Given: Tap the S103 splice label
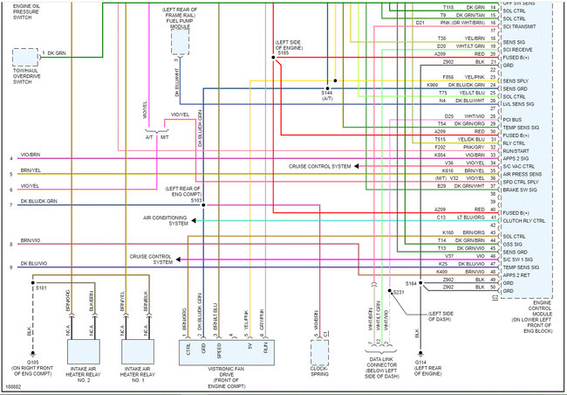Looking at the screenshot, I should point(196,200).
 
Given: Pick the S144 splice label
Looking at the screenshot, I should point(326,92).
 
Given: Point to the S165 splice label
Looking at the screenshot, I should point(283,54).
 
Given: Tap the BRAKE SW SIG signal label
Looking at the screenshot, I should point(518,189).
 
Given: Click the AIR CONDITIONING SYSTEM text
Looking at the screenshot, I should point(166,220).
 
